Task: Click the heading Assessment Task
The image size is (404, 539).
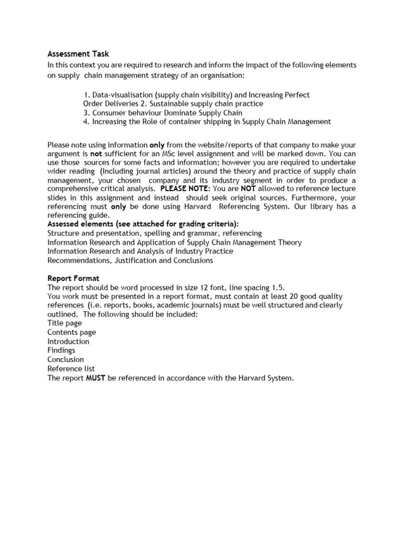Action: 78,54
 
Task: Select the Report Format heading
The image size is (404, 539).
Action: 73,278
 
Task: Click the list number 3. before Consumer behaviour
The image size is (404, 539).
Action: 87,113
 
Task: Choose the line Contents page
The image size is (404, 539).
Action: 72,332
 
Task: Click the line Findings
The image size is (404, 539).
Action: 61,350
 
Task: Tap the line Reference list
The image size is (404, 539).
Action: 71,368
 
